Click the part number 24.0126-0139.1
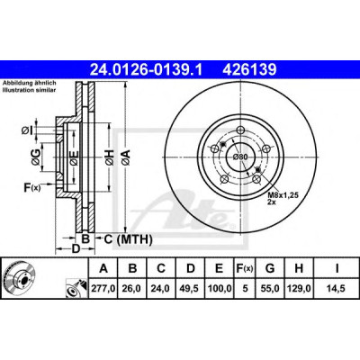click(147, 70)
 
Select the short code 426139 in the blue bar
click(249, 70)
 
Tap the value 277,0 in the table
click(103, 288)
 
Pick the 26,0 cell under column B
click(132, 288)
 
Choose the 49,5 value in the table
click(190, 288)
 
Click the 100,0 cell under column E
click(220, 288)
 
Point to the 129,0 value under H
click(299, 288)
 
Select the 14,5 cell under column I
click(337, 288)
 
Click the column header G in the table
click(270, 268)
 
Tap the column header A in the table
click(103, 268)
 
